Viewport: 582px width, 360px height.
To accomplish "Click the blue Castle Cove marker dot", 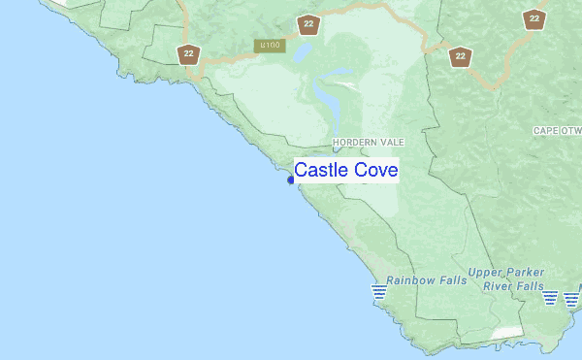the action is pyautogui.click(x=291, y=180).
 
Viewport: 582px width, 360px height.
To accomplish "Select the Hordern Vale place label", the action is pyautogui.click(x=368, y=143).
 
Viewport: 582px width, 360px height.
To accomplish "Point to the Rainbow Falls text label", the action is pyautogui.click(x=426, y=280).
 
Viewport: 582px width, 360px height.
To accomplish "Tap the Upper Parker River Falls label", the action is pyautogui.click(x=505, y=279).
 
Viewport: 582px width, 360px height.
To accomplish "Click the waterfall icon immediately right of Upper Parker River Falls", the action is pyautogui.click(x=551, y=297).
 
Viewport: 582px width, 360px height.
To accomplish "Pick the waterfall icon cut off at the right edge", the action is pyautogui.click(x=572, y=297).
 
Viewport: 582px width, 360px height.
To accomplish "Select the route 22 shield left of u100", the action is pyautogui.click(x=187, y=54).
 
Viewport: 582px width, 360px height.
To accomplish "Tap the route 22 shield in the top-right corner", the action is pyautogui.click(x=533, y=17).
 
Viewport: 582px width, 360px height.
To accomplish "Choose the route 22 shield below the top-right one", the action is pyautogui.click(x=460, y=56).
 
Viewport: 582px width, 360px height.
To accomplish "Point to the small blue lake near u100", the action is pyautogui.click(x=301, y=50).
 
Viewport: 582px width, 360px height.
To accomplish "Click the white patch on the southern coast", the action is pyautogui.click(x=505, y=332).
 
